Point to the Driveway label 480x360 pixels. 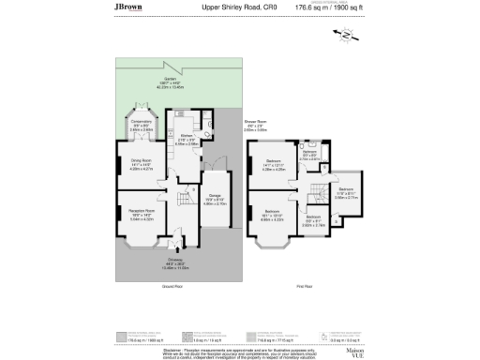click(x=175, y=262)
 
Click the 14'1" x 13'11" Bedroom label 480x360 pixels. click(x=274, y=166)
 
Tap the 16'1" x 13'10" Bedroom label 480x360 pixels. click(x=274, y=214)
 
